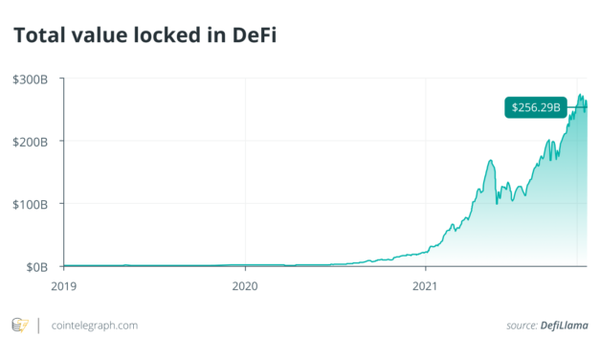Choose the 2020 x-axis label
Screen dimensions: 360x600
point(246,284)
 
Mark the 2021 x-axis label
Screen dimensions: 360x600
point(426,284)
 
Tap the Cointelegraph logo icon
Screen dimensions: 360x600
point(19,326)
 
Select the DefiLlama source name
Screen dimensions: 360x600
point(566,326)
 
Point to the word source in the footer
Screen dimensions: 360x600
point(522,326)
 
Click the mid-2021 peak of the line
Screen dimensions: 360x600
point(490,160)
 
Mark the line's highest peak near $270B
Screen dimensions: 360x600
point(580,95)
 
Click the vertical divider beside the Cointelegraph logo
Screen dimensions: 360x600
point(37,326)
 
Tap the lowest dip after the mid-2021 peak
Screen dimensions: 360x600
point(498,204)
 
